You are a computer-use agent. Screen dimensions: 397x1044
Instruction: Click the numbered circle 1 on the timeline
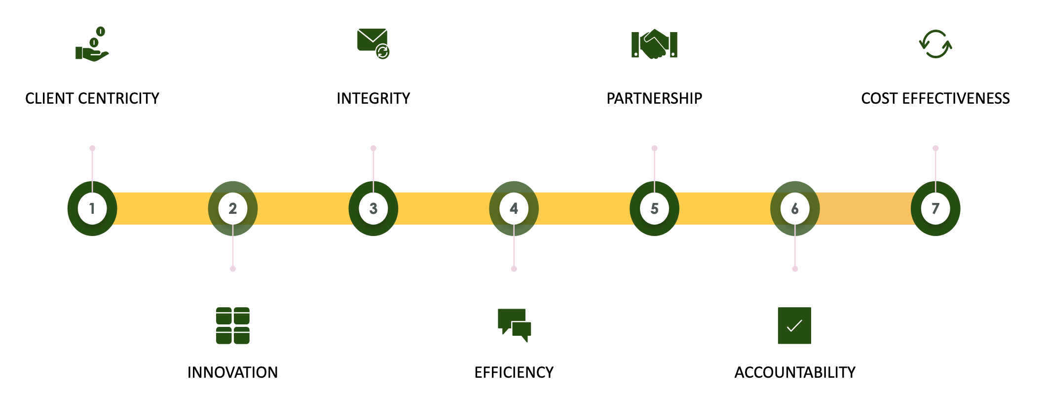pos(92,208)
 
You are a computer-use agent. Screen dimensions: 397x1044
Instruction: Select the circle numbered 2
pos(233,208)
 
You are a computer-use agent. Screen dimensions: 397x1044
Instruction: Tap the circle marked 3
pos(373,208)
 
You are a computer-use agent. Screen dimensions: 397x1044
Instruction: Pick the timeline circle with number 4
pos(514,208)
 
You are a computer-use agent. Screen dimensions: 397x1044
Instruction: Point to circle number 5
pos(654,208)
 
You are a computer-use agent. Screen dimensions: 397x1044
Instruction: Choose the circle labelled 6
pos(795,208)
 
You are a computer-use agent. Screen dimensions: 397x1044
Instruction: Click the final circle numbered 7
pos(935,208)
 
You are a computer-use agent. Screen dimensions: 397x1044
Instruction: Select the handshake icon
pos(654,44)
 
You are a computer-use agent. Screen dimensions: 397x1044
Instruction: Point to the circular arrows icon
pos(935,44)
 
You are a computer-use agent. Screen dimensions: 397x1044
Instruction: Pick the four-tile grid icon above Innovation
pos(233,325)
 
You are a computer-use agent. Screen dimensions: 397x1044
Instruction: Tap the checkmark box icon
pos(794,325)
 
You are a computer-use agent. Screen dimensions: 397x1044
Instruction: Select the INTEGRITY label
pos(373,99)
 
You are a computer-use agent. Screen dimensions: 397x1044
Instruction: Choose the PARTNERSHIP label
pos(654,99)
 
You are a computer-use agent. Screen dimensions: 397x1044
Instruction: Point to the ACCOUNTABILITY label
pos(795,372)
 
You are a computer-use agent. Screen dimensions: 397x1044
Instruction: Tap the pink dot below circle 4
pos(514,269)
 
